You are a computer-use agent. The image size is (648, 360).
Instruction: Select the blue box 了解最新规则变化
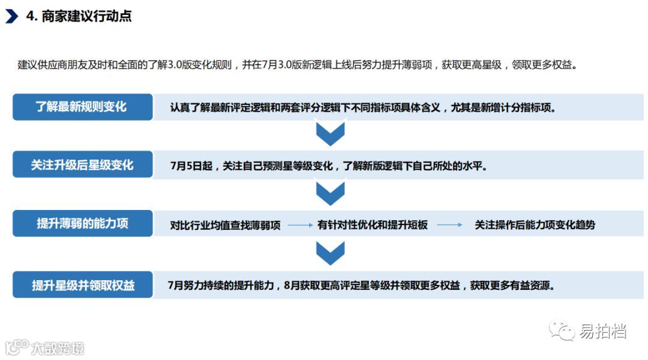[x=82, y=107]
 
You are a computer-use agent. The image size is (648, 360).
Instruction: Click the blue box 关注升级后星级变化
[x=82, y=164]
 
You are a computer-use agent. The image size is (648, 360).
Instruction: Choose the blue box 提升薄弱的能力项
[x=82, y=224]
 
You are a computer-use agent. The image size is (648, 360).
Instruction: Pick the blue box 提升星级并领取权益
[x=82, y=285]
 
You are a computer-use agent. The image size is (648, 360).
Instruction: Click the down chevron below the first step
[x=330, y=134]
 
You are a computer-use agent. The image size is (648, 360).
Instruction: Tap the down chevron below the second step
[x=330, y=194]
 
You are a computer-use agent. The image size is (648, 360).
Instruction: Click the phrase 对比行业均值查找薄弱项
[x=226, y=225]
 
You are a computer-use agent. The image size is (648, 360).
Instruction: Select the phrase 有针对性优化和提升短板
[x=373, y=225]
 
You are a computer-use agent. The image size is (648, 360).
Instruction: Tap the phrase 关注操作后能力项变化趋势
[x=535, y=225]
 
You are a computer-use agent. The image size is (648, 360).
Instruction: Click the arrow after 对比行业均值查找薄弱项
[x=300, y=225]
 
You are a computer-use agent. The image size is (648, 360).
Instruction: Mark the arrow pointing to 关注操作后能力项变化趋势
[x=449, y=225]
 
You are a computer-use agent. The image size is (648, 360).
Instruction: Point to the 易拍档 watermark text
[x=603, y=331]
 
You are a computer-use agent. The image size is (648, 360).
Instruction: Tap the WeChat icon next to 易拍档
[x=563, y=331]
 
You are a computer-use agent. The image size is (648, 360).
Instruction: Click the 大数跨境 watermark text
[x=57, y=348]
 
